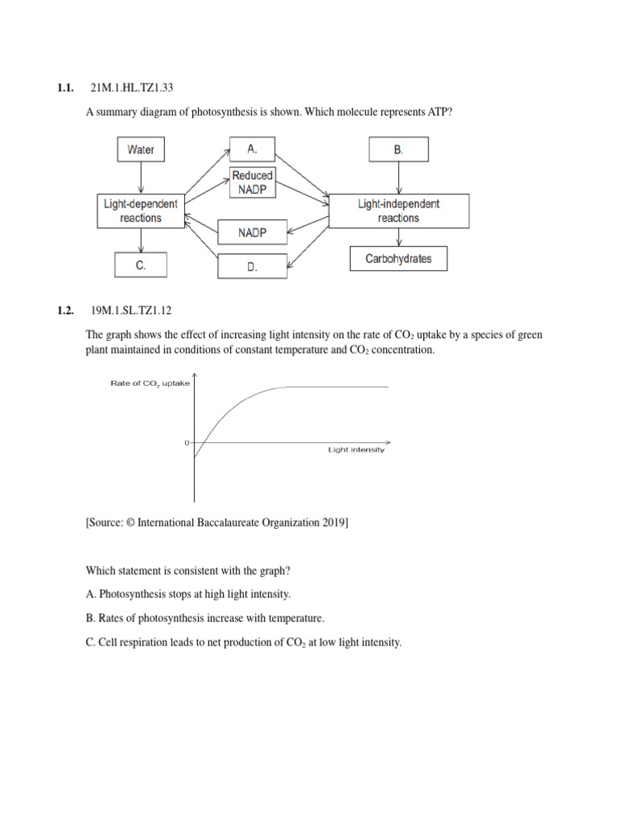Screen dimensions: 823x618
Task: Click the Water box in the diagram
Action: pos(141,149)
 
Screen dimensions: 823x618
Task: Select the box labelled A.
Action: pos(252,149)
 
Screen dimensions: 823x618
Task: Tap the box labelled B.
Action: pos(398,149)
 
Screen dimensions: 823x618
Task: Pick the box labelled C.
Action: pos(141,265)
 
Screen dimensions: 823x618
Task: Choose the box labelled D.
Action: pos(252,267)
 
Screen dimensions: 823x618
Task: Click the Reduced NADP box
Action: pos(252,182)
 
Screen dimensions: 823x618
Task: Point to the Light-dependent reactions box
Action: pos(142,211)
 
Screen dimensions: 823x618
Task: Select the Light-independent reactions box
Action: pos(398,211)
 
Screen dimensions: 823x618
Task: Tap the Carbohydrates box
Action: pos(398,259)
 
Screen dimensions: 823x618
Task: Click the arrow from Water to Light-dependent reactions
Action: pos(142,178)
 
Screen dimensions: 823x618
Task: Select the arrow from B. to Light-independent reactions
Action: pos(398,178)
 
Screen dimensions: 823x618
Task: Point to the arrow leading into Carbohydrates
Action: pos(398,238)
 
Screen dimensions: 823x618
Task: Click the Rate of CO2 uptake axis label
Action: pos(150,383)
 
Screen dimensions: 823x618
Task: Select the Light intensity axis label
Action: pos(356,450)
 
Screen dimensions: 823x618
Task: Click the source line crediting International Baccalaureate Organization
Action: pos(216,522)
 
